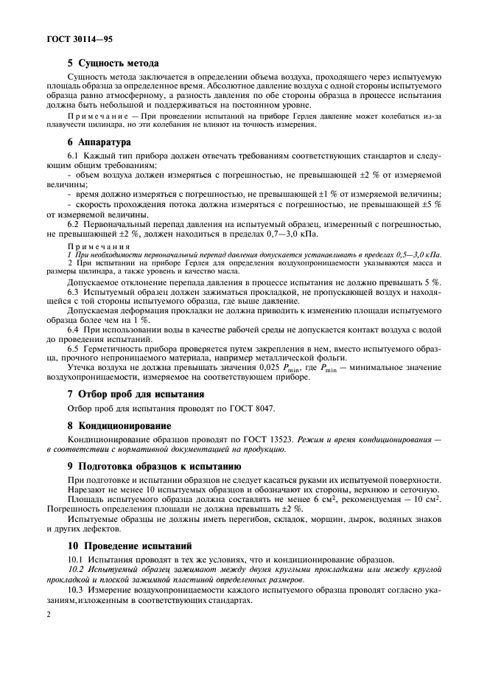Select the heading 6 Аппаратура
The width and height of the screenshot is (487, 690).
pos(99,142)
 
